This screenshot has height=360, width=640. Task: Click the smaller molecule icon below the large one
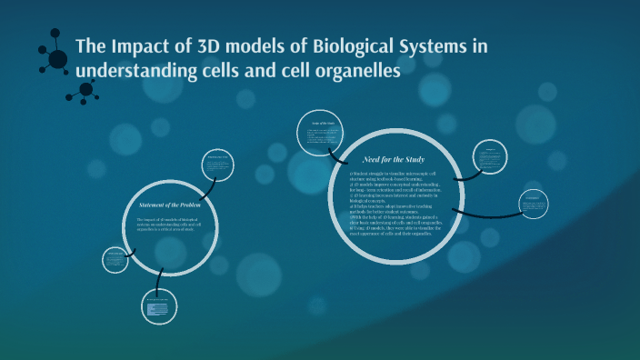tap(87, 89)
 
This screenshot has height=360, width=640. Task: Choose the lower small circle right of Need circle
tap(534, 205)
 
